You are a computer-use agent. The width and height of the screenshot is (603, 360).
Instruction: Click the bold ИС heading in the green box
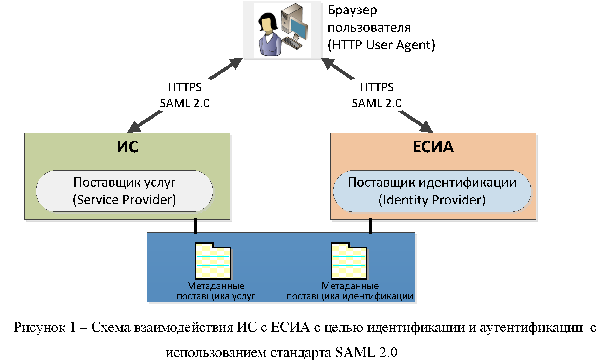(x=127, y=147)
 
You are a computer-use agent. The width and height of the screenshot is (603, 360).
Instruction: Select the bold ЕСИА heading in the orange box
(x=433, y=147)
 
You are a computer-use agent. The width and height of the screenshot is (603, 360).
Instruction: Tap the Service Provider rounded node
(x=124, y=191)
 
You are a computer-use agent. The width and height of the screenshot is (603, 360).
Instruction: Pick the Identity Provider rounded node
(x=432, y=191)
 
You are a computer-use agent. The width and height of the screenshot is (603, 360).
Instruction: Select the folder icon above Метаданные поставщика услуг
(x=213, y=261)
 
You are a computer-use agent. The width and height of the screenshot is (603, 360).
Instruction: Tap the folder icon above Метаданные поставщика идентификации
(x=349, y=261)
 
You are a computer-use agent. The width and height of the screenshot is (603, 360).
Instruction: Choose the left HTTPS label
(x=185, y=87)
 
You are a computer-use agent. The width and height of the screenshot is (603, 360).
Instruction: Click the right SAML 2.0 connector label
(x=377, y=103)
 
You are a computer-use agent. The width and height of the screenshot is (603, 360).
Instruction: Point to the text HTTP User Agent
(x=381, y=45)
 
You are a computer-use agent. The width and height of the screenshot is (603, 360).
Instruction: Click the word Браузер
(x=352, y=10)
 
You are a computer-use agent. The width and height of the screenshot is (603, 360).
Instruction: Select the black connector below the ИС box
(x=195, y=226)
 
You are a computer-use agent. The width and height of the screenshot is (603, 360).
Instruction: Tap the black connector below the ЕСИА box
(x=371, y=226)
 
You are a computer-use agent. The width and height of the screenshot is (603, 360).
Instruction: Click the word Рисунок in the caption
(x=40, y=327)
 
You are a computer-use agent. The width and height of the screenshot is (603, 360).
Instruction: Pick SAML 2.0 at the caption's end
(x=366, y=352)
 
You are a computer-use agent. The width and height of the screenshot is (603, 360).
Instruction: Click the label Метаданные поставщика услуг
(x=216, y=291)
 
